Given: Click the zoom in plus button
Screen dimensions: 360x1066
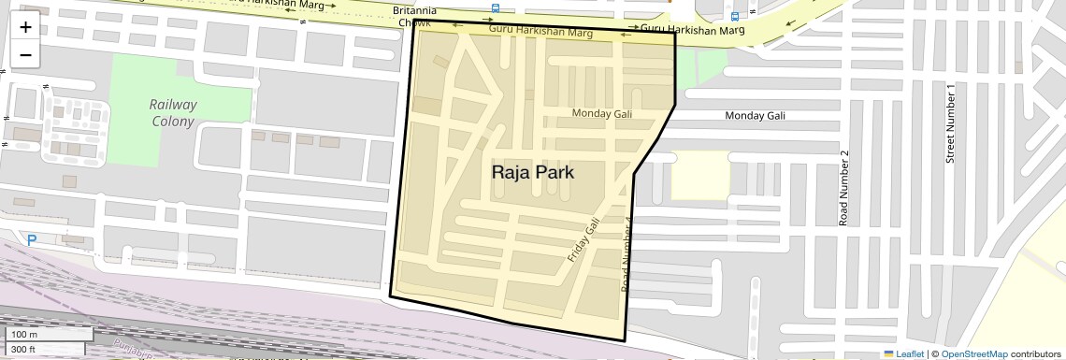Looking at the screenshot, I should [x=25, y=27].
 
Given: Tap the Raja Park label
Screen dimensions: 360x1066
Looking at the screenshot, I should [x=532, y=173].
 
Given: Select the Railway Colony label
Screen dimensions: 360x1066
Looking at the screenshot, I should [x=173, y=112].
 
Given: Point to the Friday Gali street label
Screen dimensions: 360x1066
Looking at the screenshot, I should [x=583, y=239].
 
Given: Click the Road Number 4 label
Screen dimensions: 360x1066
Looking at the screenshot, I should [x=627, y=254].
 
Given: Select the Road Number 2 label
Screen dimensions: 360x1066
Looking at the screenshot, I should [x=843, y=188].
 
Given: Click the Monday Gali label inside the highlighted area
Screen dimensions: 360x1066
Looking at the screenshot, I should [x=602, y=113].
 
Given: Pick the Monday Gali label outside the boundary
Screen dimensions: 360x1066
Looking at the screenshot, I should [x=756, y=115].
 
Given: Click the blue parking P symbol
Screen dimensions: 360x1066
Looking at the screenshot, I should [x=32, y=240].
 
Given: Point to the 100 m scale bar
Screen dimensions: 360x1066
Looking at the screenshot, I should [x=47, y=335].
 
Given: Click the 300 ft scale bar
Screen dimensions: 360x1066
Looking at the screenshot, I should [x=47, y=349].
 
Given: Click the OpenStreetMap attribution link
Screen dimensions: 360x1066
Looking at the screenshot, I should [x=973, y=353].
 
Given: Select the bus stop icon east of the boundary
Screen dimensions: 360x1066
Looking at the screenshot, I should [x=734, y=16].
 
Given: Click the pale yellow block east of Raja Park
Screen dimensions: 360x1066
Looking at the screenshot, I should [x=699, y=176].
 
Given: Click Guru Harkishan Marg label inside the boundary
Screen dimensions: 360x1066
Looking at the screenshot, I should [x=541, y=33].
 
